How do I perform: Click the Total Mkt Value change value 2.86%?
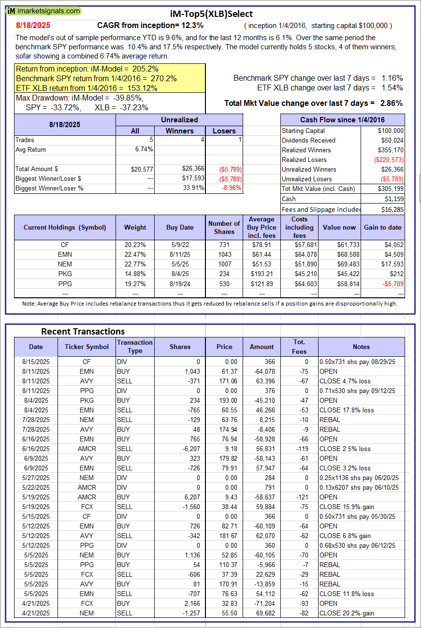click(392, 103)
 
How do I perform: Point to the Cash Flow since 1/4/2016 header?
click(343, 120)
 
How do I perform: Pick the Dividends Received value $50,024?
click(390, 140)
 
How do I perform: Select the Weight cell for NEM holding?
click(135, 264)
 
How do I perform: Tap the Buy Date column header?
click(180, 227)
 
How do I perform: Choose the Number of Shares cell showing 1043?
click(224, 254)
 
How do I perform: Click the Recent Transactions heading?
click(83, 331)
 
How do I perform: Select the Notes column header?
click(361, 347)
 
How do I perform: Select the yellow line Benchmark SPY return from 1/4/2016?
click(97, 78)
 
